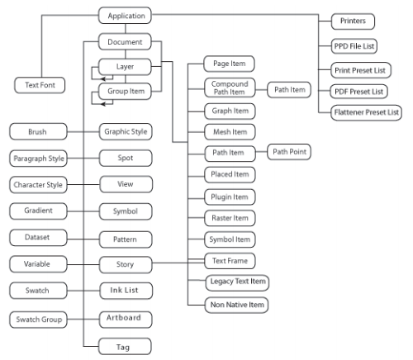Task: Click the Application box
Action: (125, 16)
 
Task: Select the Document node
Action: (125, 42)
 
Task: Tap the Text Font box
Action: (40, 85)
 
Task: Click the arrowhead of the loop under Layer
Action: (102, 79)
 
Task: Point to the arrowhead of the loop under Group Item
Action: (102, 104)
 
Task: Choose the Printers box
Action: (353, 21)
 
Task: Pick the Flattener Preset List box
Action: (366, 112)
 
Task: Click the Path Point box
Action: (289, 152)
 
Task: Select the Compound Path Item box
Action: (230, 88)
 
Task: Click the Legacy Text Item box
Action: (237, 282)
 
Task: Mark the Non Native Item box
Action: (237, 305)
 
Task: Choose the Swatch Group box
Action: (38, 320)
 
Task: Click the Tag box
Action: (125, 347)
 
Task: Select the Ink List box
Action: (126, 291)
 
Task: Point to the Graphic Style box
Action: (126, 132)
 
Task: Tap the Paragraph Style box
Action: (38, 159)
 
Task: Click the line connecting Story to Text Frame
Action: (178, 263)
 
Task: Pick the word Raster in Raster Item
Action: (221, 218)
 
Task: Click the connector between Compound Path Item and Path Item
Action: (261, 89)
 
